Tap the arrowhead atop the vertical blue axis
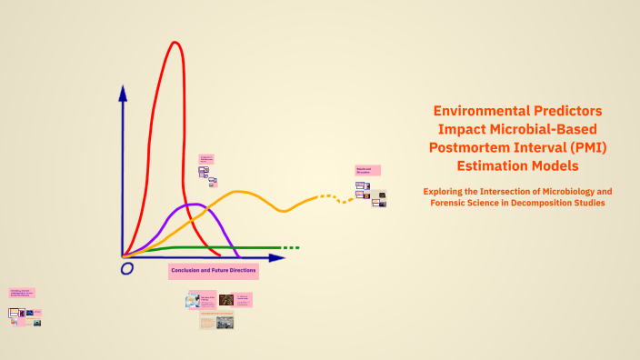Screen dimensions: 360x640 click(x=122, y=93)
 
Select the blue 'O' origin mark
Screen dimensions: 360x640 click(x=127, y=268)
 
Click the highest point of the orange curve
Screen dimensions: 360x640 click(x=239, y=192)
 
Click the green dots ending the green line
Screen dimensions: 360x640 click(x=290, y=247)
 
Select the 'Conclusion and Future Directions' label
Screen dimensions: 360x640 click(x=214, y=271)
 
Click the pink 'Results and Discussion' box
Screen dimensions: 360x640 click(x=368, y=170)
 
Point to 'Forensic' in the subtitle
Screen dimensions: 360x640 click(x=455, y=203)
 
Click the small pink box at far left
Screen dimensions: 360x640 click(x=22, y=293)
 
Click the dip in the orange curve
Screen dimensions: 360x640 click(x=285, y=211)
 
